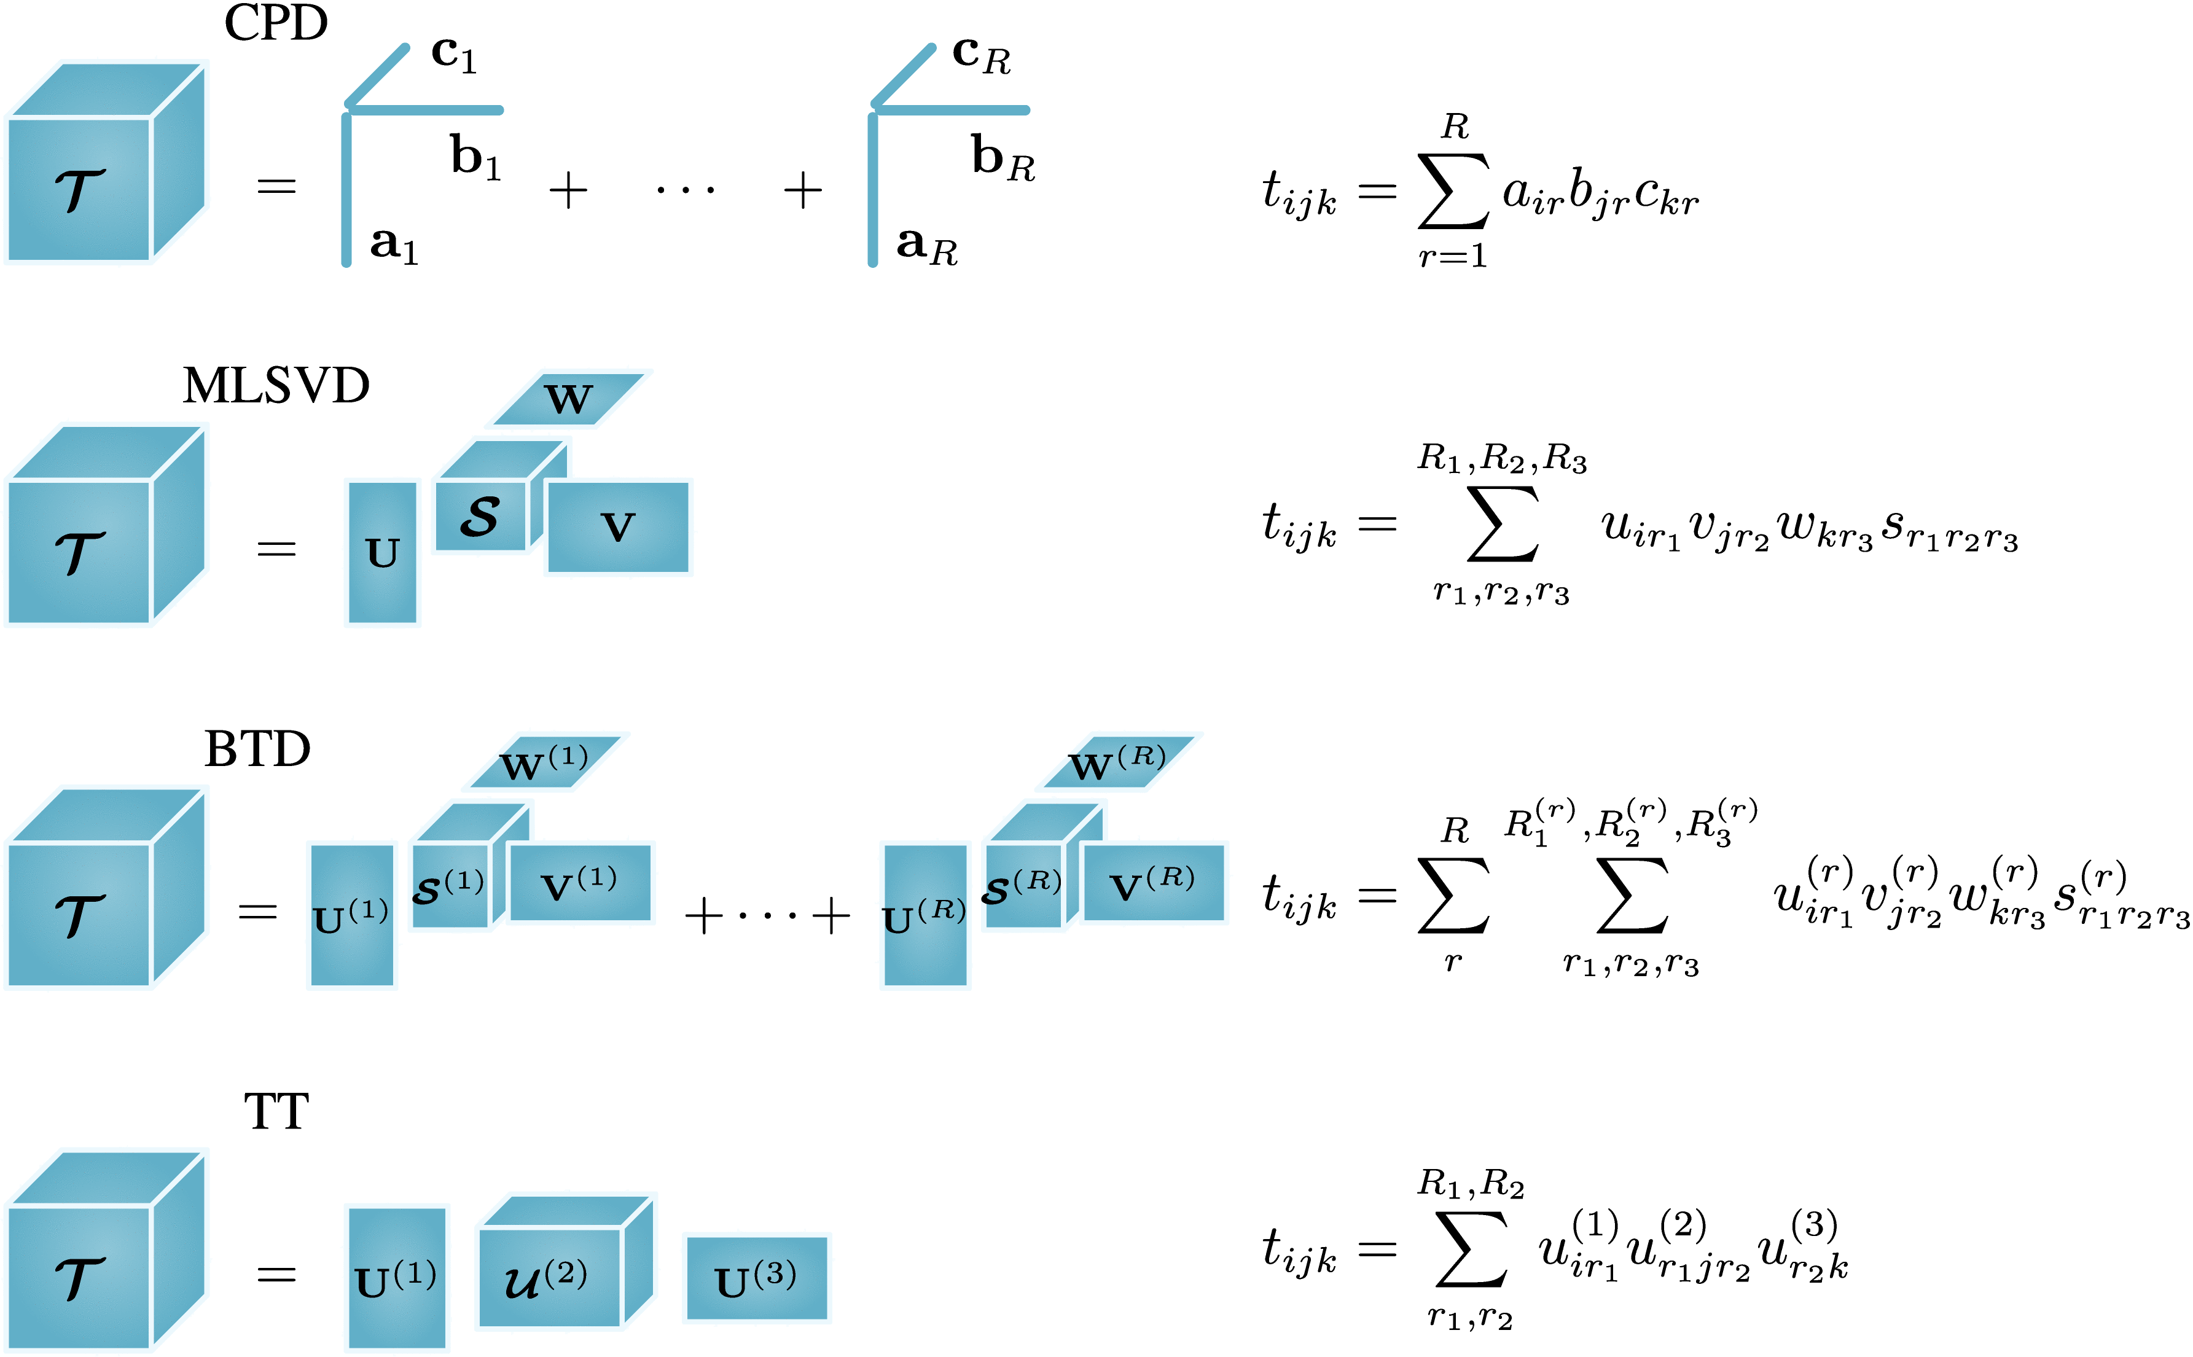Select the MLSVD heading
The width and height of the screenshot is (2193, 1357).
coord(275,386)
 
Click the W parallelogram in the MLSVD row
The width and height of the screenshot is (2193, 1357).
coord(568,399)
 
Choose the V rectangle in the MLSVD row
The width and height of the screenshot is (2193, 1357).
coord(618,527)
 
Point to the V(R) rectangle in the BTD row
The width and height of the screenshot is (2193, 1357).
coord(1153,883)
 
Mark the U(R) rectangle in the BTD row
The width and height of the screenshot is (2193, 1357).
coord(925,915)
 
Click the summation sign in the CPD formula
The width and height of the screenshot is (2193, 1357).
coord(1453,191)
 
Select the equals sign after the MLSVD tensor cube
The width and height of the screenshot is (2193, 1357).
coord(276,549)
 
